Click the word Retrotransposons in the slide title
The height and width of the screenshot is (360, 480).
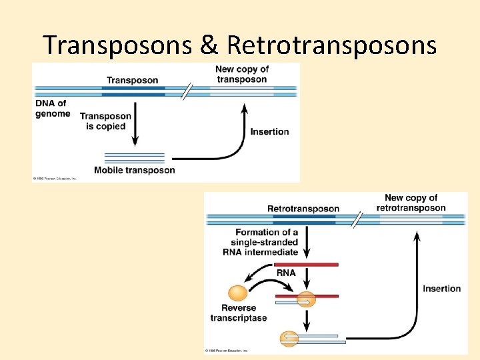tap(332, 45)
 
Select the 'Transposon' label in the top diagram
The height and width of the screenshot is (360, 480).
tap(132, 80)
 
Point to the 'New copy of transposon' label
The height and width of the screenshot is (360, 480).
tap(241, 74)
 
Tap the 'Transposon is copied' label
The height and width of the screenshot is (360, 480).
tap(105, 121)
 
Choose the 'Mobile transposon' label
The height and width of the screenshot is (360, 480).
tap(135, 170)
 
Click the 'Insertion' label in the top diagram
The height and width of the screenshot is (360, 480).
tap(269, 131)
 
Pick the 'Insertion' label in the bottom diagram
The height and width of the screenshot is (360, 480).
tap(441, 289)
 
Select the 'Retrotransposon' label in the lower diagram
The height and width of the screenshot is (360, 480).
tap(303, 209)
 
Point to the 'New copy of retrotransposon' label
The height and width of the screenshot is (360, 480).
tap(411, 203)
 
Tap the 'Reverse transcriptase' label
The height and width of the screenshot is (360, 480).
tap(239, 313)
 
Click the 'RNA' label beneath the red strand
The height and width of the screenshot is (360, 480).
tap(286, 273)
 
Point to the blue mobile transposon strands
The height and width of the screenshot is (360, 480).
tap(134, 158)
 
